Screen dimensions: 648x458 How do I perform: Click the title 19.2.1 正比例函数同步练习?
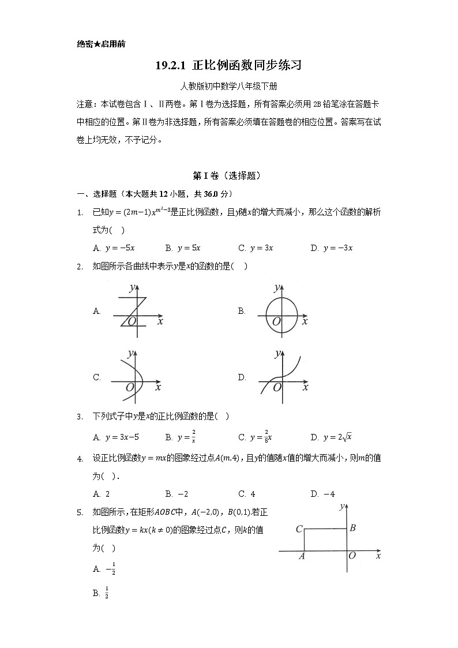[x=228, y=65]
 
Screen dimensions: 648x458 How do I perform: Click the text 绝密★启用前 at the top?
[x=100, y=44]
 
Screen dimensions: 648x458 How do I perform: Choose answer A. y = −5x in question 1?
[x=114, y=248]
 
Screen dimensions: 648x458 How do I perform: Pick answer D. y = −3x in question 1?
[x=331, y=248]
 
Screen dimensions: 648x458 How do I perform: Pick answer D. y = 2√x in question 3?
[x=331, y=437]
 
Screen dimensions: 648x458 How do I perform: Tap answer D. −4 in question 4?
[x=322, y=494]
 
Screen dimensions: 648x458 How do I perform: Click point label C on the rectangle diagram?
[x=299, y=529]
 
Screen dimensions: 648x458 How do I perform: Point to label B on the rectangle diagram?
[x=353, y=527]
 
